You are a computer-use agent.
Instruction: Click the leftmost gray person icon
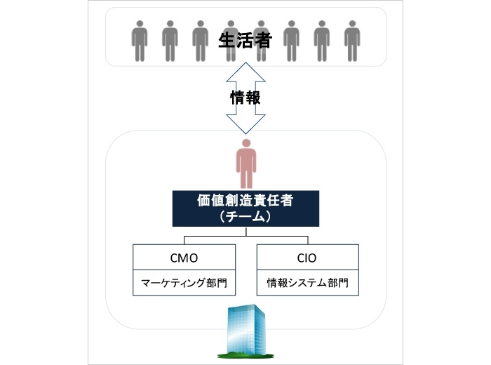(140, 41)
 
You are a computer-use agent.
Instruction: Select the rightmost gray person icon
(351, 41)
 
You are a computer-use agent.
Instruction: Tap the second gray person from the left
(170, 41)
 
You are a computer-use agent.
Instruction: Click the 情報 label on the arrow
(245, 98)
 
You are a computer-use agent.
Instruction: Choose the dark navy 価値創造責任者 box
(245, 208)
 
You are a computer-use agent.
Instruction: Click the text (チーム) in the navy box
(245, 217)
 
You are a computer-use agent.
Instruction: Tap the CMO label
(184, 257)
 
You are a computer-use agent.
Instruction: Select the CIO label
(307, 257)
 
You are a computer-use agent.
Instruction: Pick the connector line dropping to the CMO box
(184, 239)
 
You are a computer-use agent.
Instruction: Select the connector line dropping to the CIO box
(307, 239)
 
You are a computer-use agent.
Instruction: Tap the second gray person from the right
(321, 41)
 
